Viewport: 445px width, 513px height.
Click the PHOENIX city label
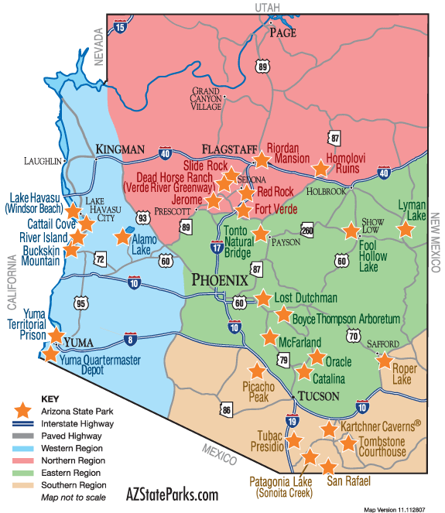point(219,279)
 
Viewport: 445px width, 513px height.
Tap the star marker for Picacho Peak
point(257,371)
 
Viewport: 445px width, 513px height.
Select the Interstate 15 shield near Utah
point(119,28)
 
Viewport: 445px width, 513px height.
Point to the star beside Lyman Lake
point(404,229)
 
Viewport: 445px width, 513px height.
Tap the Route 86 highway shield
point(226,409)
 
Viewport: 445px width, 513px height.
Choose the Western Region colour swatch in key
point(24,448)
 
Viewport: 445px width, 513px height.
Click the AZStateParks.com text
point(172,494)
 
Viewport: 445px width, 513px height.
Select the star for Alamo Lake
point(123,236)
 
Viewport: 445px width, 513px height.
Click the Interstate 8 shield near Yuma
point(129,338)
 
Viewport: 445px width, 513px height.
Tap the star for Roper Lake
point(383,359)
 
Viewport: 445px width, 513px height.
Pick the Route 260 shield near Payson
point(307,230)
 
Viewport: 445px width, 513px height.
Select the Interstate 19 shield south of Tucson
point(292,422)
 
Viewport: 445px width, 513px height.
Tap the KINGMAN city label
point(120,149)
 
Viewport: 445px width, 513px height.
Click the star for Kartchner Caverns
point(328,429)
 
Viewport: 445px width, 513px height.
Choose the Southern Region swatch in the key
point(24,486)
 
